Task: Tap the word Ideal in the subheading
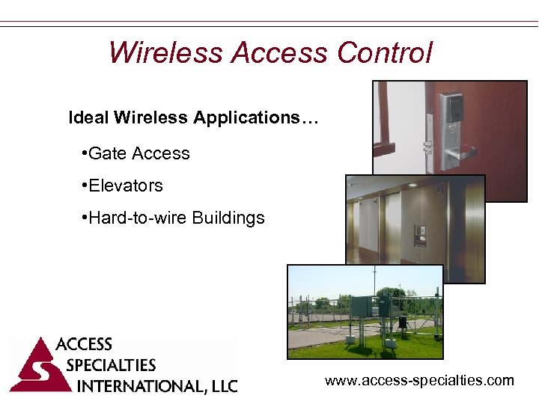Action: pyautogui.click(x=88, y=118)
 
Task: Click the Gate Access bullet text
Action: pyautogui.click(x=138, y=154)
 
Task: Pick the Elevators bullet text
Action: pyautogui.click(x=125, y=186)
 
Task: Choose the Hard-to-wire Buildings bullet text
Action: pyautogui.click(x=176, y=218)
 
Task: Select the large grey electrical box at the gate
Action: pyautogui.click(x=362, y=307)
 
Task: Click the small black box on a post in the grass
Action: pyautogui.click(x=402, y=322)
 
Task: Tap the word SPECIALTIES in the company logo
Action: pyautogui.click(x=111, y=366)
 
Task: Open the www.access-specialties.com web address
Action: pyautogui.click(x=419, y=381)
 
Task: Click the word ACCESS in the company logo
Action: pyautogui.click(x=84, y=345)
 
